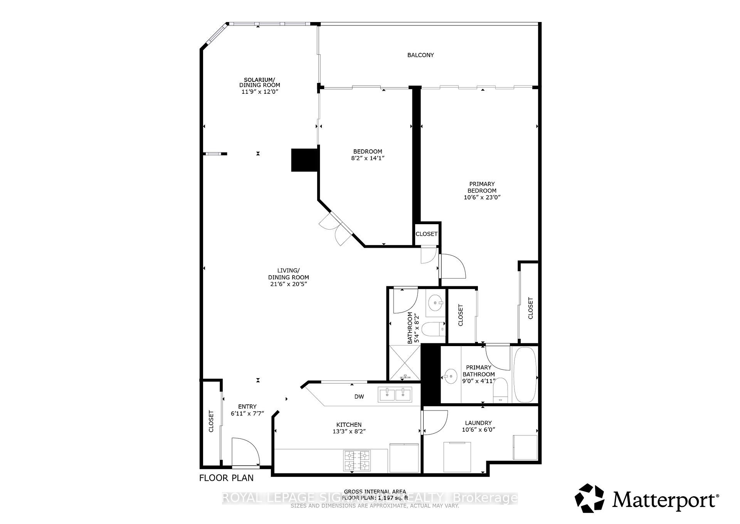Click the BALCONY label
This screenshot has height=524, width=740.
click(x=420, y=55)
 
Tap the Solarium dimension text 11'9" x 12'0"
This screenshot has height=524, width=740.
click(x=259, y=92)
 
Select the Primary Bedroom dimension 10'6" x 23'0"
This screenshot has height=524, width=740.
click(x=482, y=197)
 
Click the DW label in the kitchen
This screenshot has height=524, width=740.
click(x=359, y=397)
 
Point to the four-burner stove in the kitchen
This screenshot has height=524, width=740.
click(x=357, y=461)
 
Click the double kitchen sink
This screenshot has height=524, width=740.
click(x=395, y=394)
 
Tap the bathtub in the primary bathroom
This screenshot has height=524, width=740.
click(x=525, y=374)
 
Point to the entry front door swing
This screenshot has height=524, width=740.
click(x=245, y=452)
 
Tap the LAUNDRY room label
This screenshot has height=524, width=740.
click(x=478, y=423)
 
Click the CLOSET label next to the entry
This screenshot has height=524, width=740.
click(x=211, y=421)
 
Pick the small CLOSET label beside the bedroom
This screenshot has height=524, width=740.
click(x=426, y=234)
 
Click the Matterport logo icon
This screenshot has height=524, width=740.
click(x=590, y=501)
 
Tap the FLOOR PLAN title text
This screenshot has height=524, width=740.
click(x=226, y=478)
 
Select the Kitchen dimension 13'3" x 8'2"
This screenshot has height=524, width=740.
click(x=349, y=431)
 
